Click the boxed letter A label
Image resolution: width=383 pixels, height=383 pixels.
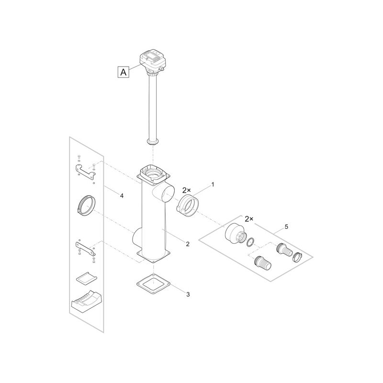[x=124, y=72]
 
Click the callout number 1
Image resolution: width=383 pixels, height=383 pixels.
[x=213, y=185]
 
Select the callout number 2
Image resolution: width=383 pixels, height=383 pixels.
[x=188, y=244]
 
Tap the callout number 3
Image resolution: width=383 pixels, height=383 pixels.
[x=188, y=294]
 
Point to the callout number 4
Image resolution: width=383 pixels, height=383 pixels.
[x=122, y=195]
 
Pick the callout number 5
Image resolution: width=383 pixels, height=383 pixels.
[x=286, y=226]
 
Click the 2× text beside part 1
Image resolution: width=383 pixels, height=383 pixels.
[x=186, y=190]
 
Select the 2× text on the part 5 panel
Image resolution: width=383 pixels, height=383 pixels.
[x=249, y=219]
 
